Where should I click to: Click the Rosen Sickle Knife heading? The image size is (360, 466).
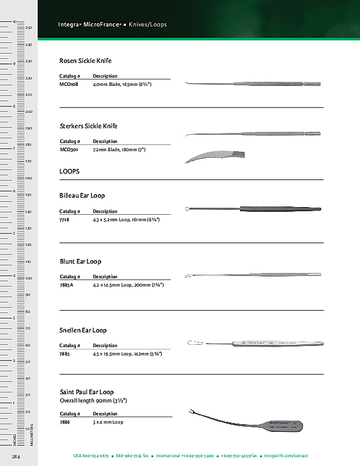pos(85,61)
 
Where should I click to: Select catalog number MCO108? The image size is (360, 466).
pos(69,85)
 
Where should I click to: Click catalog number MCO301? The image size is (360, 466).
pos(69,150)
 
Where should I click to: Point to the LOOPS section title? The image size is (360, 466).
pos(69,171)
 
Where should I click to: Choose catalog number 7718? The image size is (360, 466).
pos(65,219)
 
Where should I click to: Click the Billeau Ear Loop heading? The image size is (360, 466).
pos(82,195)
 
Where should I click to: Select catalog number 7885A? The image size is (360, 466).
pos(66,285)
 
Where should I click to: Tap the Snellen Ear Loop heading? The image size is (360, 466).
pos(83,330)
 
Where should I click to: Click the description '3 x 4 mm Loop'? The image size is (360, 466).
pos(108,422)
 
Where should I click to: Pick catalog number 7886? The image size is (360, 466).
pos(65,422)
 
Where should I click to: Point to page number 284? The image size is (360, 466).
pos(16,456)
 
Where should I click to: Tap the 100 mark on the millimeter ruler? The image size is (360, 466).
pos(28,278)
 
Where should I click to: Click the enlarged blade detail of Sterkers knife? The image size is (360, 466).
pos(215,157)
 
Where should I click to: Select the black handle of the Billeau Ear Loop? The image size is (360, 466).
pos(279,209)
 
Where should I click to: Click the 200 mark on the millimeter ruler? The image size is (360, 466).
pos(28,111)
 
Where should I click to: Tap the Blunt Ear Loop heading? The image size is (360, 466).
pos(81,261)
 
